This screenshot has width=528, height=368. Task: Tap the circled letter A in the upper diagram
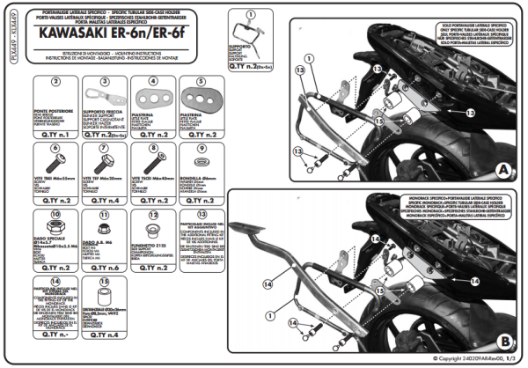[x=503, y=168]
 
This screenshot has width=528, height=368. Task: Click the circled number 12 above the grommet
[x=152, y=215]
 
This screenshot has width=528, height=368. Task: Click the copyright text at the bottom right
[x=476, y=359]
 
